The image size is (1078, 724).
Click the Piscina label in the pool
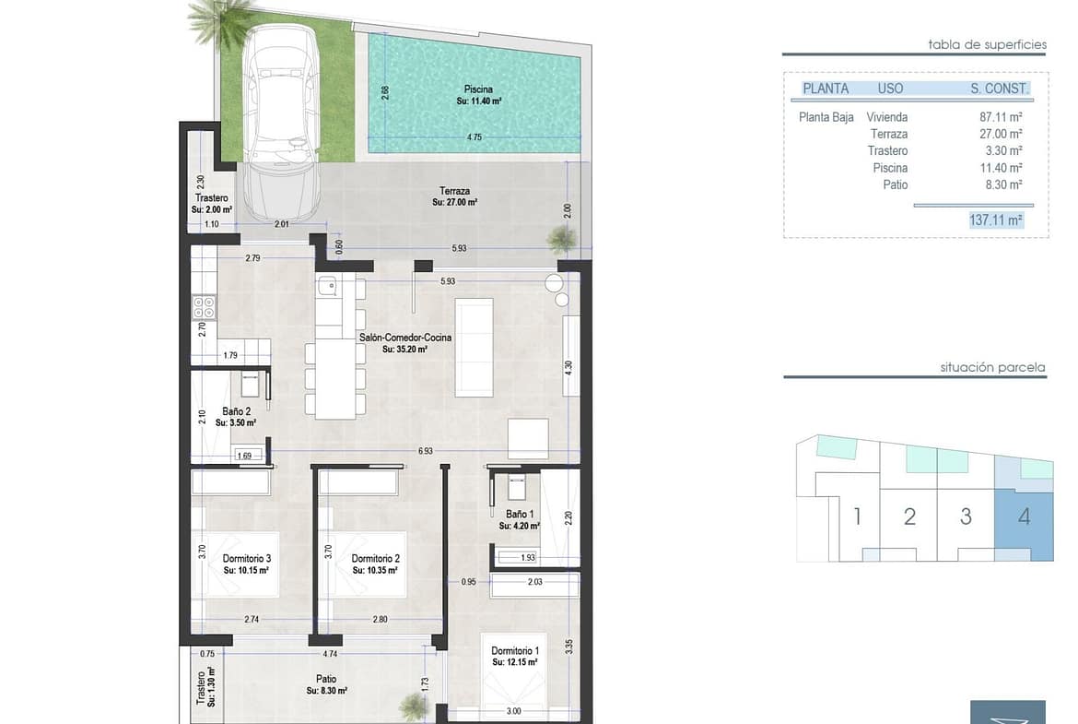click(x=478, y=89)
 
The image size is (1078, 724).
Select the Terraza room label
click(x=455, y=191)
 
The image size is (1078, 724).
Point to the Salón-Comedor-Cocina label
click(x=405, y=338)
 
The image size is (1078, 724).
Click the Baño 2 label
click(x=237, y=411)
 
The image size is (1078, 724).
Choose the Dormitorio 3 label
click(x=247, y=559)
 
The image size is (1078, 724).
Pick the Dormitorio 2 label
click(x=375, y=559)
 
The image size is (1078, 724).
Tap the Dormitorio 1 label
click(x=515, y=651)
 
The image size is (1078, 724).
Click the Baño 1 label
click(x=520, y=514)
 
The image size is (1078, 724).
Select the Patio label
click(x=326, y=679)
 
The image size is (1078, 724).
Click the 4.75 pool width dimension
click(x=475, y=136)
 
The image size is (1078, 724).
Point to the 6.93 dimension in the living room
click(x=426, y=452)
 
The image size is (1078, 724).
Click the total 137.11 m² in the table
click(x=996, y=220)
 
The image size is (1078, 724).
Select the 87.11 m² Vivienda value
click(x=1001, y=118)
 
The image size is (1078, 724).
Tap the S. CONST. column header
click(x=1000, y=89)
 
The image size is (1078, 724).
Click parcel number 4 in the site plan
click(x=1025, y=516)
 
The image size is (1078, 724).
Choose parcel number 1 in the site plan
click(x=857, y=516)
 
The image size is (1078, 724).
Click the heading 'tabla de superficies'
click(x=988, y=45)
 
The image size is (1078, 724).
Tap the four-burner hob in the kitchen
click(x=205, y=308)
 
